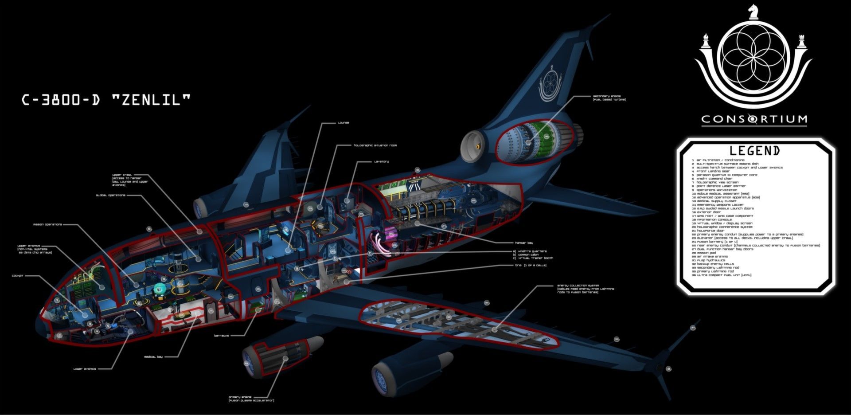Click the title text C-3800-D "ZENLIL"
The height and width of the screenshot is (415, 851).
106,100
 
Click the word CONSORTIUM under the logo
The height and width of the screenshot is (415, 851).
754,119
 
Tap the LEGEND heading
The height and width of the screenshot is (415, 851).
755,151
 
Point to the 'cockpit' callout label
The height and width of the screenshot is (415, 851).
18,276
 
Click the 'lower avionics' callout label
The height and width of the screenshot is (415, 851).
85,369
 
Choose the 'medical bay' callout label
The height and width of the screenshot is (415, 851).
153,356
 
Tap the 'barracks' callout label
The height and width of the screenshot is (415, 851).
222,336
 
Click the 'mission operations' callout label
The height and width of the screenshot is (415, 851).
47,225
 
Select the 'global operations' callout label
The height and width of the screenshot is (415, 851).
111,195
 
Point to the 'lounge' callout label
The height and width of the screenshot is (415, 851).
344,123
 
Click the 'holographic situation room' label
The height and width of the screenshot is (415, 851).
375,145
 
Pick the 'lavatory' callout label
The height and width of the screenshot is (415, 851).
381,161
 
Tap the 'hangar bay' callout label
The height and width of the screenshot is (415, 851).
524,243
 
